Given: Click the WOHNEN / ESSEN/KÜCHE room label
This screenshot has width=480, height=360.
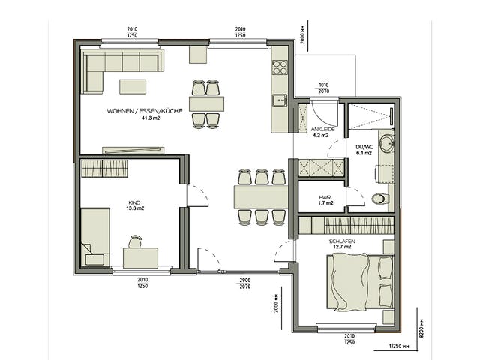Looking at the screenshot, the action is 145,111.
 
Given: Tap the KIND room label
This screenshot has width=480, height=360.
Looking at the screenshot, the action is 135,202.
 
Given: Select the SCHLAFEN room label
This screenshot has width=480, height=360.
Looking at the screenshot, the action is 342,241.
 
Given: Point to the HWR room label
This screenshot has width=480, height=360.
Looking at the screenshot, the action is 325,197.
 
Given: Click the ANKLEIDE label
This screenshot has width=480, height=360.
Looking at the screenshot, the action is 322,129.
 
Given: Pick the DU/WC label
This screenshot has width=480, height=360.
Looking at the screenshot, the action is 364,147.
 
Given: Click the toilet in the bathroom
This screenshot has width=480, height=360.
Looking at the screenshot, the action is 380,199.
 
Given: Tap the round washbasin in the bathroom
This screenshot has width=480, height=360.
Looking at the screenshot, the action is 387,143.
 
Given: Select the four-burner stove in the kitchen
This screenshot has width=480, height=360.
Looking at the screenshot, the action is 280,67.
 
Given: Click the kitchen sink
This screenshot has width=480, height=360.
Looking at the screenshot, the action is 280,100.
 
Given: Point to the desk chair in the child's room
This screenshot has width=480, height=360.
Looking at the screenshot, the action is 135,241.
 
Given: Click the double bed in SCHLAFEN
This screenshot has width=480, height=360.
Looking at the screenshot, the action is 360,282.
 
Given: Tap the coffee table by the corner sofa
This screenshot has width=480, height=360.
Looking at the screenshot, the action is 133,87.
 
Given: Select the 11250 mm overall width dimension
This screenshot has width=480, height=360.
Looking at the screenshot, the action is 398,346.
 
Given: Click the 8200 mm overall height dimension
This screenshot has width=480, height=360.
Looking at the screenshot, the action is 421,328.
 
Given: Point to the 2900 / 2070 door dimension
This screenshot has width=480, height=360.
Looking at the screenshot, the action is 245,283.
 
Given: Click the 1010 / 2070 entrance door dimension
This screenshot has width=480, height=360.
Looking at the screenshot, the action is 323,88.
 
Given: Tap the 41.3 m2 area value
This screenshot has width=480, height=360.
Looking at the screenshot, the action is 150,118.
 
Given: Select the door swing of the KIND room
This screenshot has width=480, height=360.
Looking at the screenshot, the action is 198,195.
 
